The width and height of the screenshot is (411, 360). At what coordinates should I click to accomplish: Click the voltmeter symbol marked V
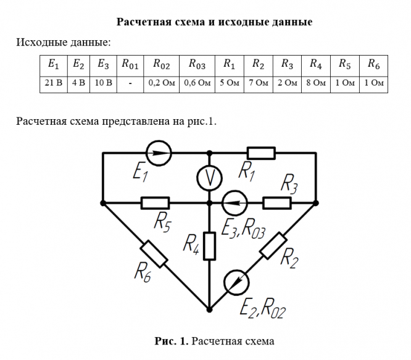[210, 178]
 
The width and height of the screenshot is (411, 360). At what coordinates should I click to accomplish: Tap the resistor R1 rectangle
[260, 153]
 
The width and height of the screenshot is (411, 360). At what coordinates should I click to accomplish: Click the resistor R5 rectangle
[155, 202]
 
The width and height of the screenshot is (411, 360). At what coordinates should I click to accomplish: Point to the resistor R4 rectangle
[210, 245]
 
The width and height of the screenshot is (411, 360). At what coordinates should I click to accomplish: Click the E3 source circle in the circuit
[235, 202]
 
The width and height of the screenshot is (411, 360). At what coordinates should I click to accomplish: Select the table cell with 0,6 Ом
[197, 83]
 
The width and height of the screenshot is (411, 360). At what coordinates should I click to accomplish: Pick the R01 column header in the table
[131, 63]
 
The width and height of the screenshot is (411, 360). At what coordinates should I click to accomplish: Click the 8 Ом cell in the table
[315, 83]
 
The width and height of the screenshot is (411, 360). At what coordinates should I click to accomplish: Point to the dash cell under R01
[131, 83]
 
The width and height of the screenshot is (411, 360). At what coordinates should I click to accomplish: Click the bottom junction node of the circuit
[210, 309]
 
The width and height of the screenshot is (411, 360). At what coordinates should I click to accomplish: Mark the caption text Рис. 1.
[172, 341]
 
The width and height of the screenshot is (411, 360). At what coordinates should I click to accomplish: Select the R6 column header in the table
[373, 63]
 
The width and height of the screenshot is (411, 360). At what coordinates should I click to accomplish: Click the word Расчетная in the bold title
[146, 23]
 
